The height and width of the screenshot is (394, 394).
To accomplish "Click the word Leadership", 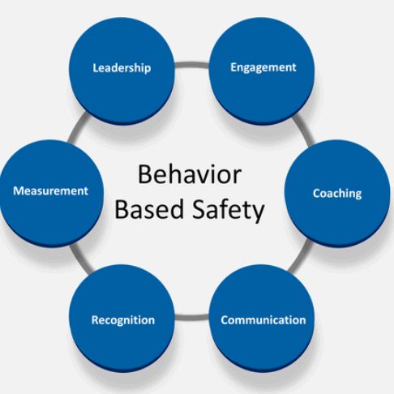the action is click(x=122, y=68).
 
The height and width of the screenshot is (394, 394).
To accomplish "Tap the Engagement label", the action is click(x=263, y=67).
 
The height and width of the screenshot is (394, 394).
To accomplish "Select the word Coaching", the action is click(x=337, y=194).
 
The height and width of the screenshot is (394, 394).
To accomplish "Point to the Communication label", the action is click(x=263, y=320).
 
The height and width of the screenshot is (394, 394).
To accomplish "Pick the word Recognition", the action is click(x=123, y=320).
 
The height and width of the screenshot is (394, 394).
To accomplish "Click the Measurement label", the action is click(x=51, y=191).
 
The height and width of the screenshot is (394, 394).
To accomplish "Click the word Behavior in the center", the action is click(x=190, y=174).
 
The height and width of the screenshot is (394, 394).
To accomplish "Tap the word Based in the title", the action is click(x=151, y=209).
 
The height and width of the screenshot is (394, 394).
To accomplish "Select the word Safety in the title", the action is click(x=228, y=210).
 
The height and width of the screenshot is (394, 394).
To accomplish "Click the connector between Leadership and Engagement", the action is click(x=192, y=65).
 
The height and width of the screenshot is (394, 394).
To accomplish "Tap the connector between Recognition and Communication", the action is click(x=192, y=317).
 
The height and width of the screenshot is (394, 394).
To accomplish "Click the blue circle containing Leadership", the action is click(x=122, y=71).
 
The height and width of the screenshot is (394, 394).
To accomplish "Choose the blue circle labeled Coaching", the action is click(x=337, y=193).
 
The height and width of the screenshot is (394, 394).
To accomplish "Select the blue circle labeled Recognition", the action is click(x=122, y=318).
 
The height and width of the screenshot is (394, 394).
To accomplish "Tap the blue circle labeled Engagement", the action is click(x=262, y=71).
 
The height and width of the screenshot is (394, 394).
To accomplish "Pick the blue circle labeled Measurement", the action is click(x=51, y=193).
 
